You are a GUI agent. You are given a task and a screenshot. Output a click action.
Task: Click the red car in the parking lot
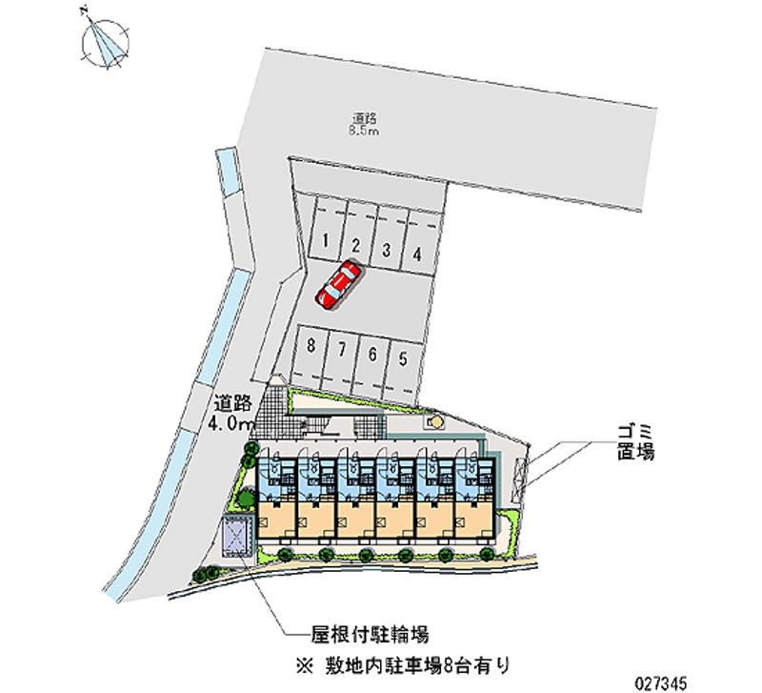pos(338,285)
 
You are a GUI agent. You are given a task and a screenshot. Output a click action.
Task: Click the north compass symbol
pos(106,43)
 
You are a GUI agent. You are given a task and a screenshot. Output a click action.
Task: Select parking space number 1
pos(326,241)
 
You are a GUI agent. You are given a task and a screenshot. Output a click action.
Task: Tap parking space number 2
pos(354,246)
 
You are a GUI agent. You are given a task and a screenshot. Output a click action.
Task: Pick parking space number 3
pos(386,251)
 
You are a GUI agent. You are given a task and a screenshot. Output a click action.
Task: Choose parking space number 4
pos(417,255)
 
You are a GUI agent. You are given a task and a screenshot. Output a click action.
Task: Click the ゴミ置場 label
pos(633,444)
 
